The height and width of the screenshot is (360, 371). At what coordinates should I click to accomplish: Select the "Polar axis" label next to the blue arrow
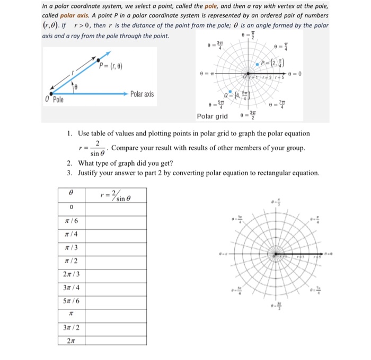142,94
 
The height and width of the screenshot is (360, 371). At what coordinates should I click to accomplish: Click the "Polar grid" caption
212,116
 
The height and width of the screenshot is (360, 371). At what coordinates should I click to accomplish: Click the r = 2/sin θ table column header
116,194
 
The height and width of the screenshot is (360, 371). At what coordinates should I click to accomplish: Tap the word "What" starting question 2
86,163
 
